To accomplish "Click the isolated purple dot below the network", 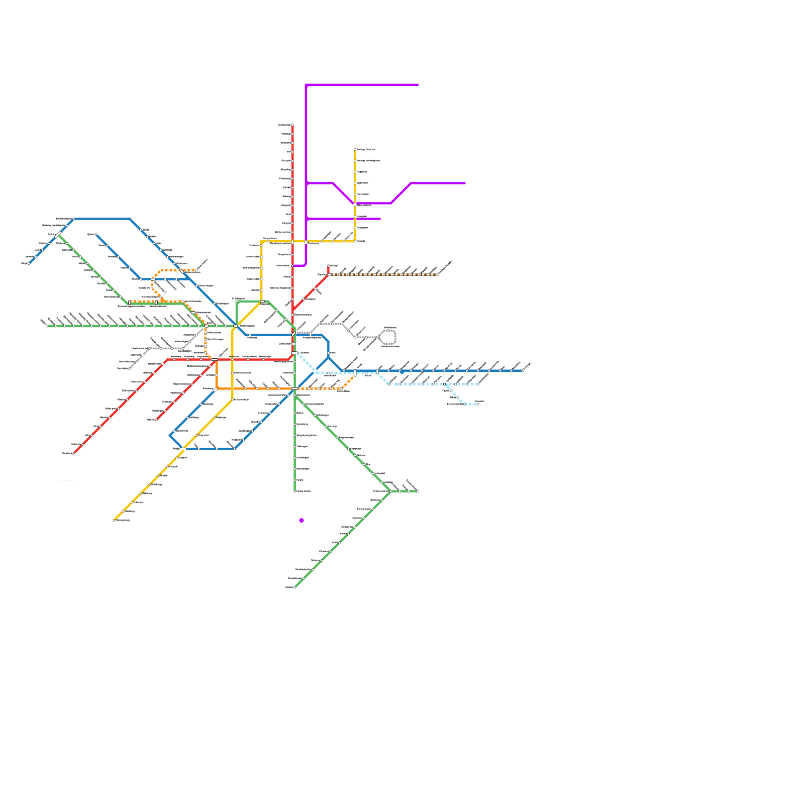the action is pyautogui.click(x=301, y=520).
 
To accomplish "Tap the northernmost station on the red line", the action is pyautogui.click(x=292, y=125).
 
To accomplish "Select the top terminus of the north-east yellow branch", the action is pyautogui.click(x=355, y=150).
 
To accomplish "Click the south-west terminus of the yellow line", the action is pyautogui.click(x=114, y=520).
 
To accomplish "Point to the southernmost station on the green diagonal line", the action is pyautogui.click(x=294, y=587).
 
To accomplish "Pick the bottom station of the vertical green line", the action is pyautogui.click(x=294, y=491).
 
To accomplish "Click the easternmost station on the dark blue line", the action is pyautogui.click(x=523, y=371).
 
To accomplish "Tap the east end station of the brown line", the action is pyautogui.click(x=438, y=274).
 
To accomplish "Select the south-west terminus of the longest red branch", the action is pyautogui.click(x=74, y=453).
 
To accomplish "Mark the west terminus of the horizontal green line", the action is pyautogui.click(x=47, y=326).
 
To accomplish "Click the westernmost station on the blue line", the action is pyautogui.click(x=29, y=263).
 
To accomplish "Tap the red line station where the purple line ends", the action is pyautogui.click(x=292, y=265).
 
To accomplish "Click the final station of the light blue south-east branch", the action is pyautogui.click(x=477, y=404).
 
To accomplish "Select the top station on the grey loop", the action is pyautogui.click(x=388, y=331).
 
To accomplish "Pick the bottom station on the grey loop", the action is pyautogui.click(x=388, y=344).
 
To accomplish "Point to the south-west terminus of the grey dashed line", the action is pyautogui.click(x=130, y=368).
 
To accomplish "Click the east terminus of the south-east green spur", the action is pyautogui.click(x=418, y=491).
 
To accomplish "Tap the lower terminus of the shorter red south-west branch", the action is pyautogui.click(x=156, y=420).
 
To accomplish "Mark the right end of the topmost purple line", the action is pyautogui.click(x=418, y=85).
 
